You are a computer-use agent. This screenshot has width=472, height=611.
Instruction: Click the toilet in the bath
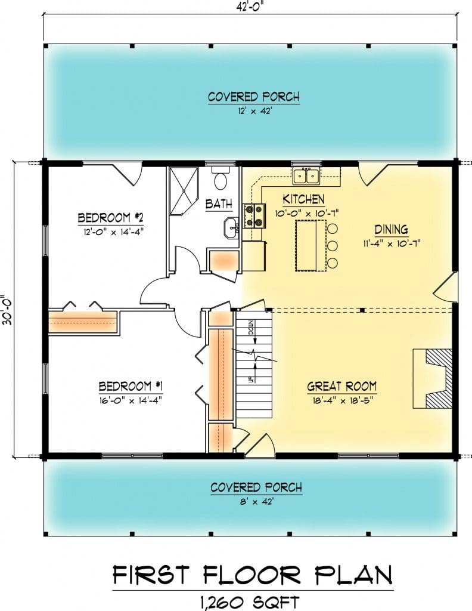pos(221,178)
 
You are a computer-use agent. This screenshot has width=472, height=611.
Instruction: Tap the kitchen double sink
pos(306,176)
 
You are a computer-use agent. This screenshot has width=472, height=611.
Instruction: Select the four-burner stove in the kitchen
pos(254,215)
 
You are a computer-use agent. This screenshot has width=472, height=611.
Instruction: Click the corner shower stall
pos(184,191)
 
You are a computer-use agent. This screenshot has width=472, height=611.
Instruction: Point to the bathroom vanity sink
pos(231,228)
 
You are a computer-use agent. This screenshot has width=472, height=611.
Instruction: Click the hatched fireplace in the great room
pos(439,378)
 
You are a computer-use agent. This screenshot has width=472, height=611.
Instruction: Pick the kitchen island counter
pos(310,245)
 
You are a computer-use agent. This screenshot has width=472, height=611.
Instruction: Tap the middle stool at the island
pos(332,245)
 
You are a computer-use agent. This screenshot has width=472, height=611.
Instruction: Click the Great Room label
pos(341,386)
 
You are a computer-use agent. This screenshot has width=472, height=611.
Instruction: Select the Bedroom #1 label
pos(131,386)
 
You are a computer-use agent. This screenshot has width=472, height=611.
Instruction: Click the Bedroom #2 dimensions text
pos(114,232)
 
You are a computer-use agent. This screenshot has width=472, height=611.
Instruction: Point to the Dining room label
pos(391,230)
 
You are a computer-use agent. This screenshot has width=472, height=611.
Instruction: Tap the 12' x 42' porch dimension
pos(254,111)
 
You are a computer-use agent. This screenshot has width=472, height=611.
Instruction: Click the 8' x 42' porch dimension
pos(256,502)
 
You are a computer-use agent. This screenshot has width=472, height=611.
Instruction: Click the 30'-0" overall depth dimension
pos(7,310)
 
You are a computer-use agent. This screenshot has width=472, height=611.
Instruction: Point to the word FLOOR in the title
pos(252,575)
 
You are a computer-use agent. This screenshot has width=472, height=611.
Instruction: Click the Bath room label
pos(219,204)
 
